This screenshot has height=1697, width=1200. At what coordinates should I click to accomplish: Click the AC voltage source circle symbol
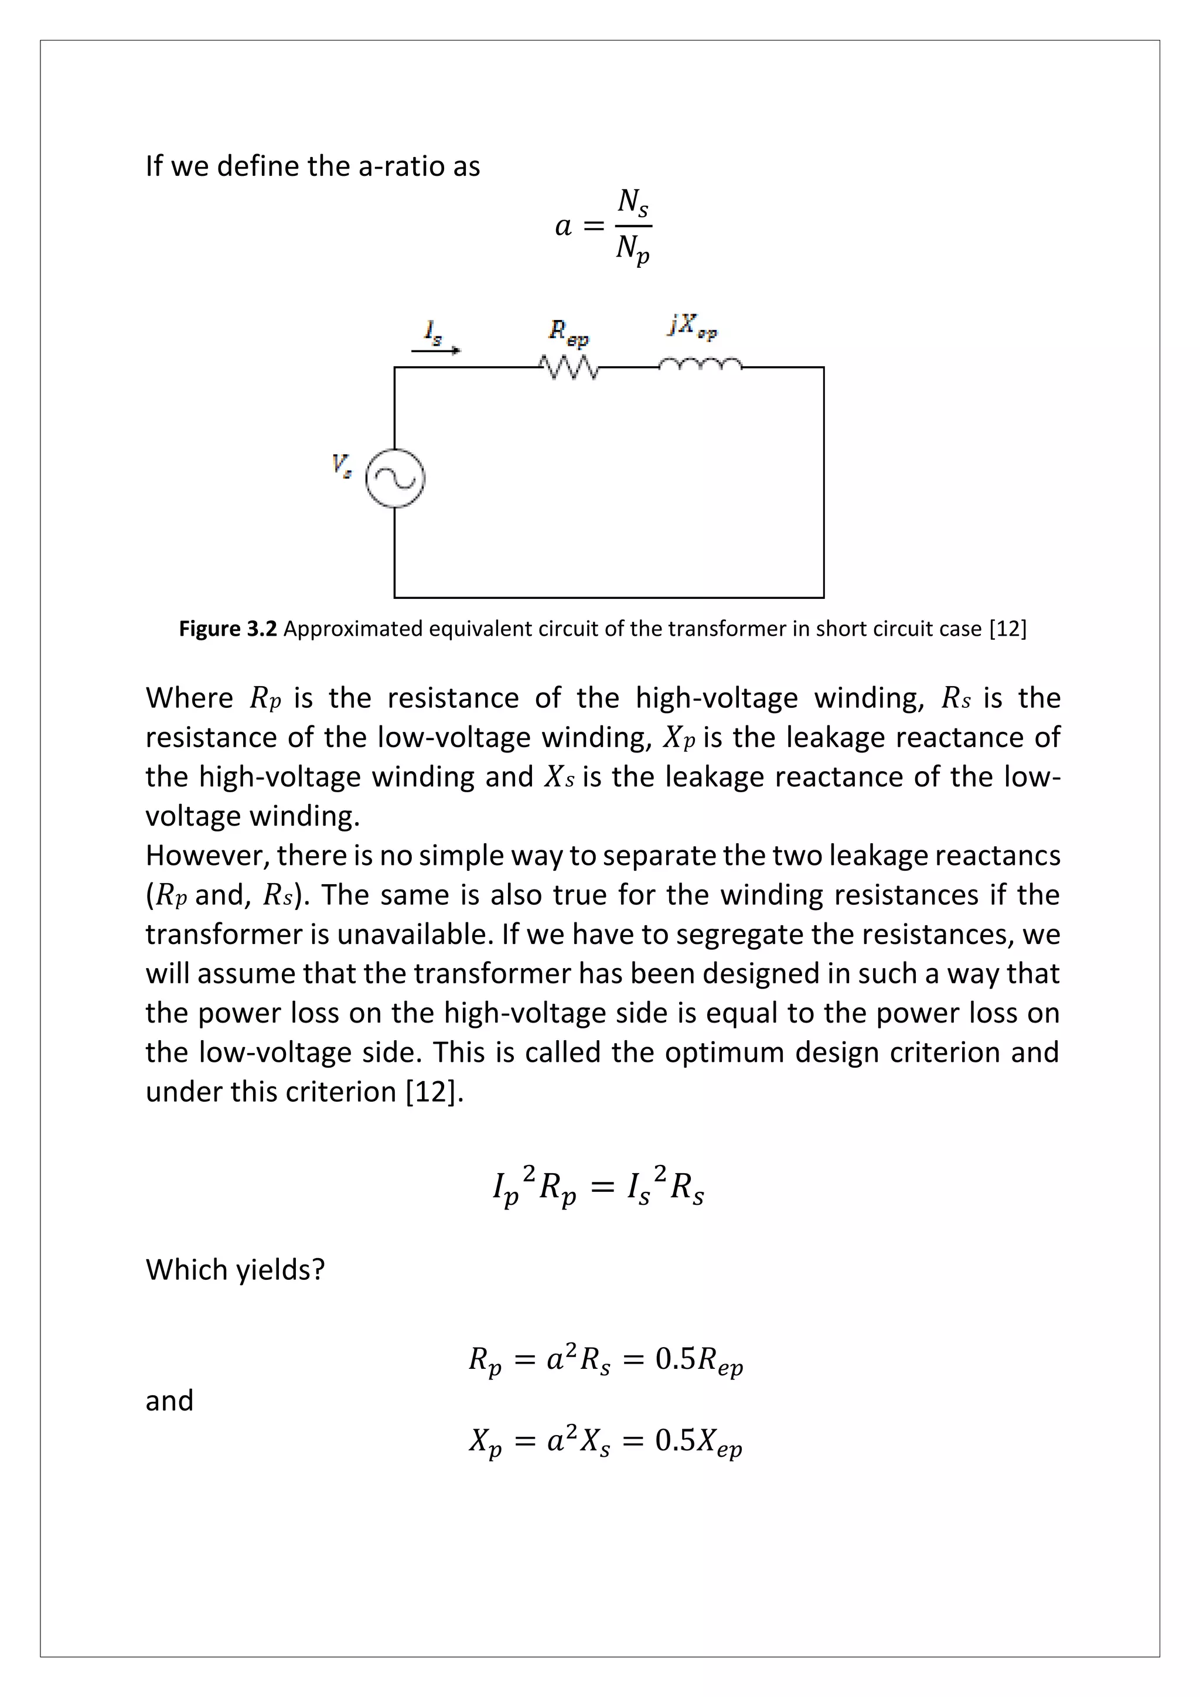(x=396, y=478)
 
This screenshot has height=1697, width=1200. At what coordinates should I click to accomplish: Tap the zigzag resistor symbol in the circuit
(x=568, y=367)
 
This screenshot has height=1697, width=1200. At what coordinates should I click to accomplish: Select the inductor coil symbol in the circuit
(x=699, y=364)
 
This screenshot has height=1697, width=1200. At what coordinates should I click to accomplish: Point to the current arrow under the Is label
(x=436, y=351)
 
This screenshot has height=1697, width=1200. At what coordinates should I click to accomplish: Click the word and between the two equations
(x=169, y=1400)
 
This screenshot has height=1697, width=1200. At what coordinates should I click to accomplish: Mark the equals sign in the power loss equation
(x=602, y=1188)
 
